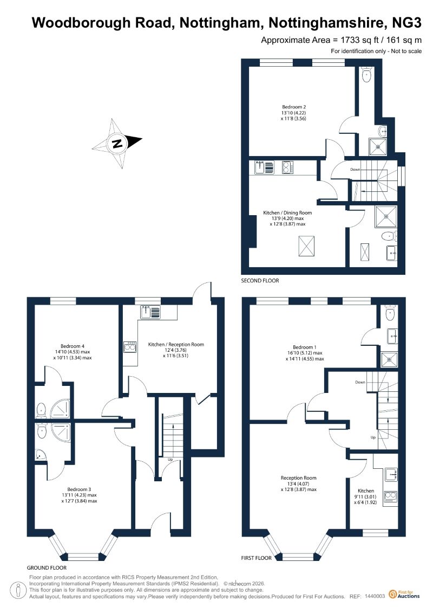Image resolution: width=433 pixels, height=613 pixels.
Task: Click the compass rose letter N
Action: [x=117, y=143]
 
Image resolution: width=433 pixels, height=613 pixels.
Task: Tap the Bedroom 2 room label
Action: [x=293, y=107]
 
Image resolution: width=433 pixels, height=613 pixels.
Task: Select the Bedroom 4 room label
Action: [x=72, y=346]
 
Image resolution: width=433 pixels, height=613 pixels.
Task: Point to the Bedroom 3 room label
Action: [x=79, y=489]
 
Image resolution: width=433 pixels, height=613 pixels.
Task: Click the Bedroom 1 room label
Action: [x=305, y=347]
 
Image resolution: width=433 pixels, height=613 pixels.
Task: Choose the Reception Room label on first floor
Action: [x=298, y=478]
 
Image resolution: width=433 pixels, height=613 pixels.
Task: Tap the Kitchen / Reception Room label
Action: [x=176, y=344]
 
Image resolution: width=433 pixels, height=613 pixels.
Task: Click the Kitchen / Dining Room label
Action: [x=287, y=212]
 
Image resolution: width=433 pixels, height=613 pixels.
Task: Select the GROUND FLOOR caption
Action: [x=47, y=567]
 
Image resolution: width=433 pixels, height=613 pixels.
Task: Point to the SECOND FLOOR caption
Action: [x=260, y=281]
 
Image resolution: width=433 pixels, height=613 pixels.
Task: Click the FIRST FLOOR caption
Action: [x=256, y=558]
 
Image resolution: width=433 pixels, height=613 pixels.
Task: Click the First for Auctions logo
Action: [x=404, y=595]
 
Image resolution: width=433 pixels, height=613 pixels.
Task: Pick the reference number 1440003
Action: [x=375, y=596]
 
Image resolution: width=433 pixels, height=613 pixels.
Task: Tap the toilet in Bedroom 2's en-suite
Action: [x=366, y=75]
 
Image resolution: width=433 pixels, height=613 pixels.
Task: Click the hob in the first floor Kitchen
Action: [x=390, y=496]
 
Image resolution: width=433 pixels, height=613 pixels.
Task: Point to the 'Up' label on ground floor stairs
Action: [x=170, y=460]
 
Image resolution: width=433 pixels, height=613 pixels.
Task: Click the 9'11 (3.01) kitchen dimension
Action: [x=365, y=497]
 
